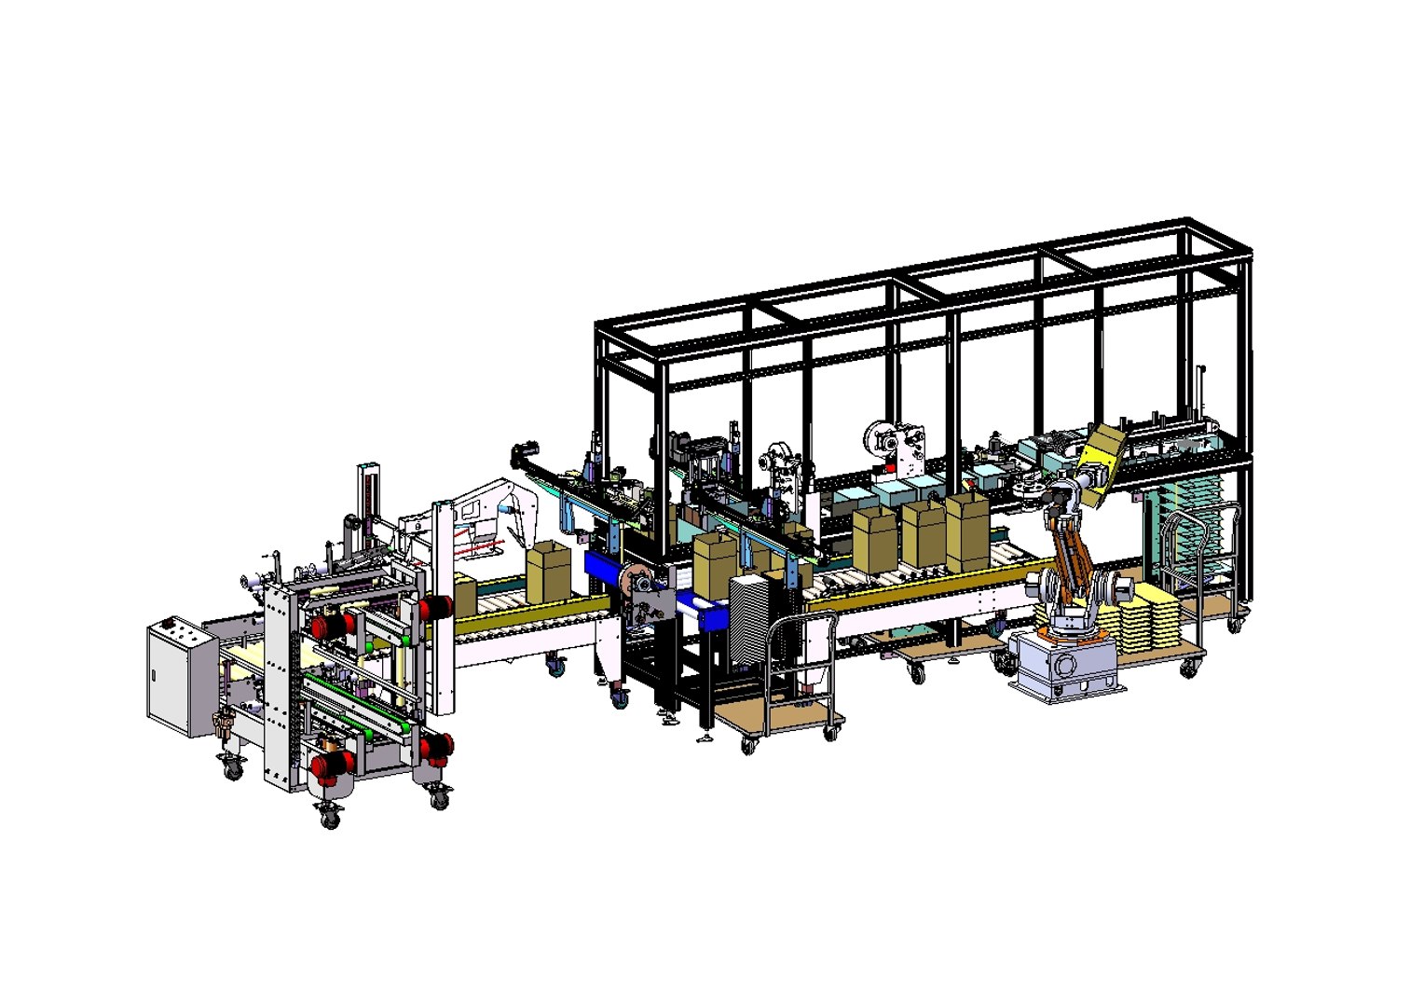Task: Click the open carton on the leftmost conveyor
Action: point(547,572)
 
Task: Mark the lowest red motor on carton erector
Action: point(328,765)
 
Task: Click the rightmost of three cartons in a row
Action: point(967,532)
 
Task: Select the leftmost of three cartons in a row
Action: point(874,541)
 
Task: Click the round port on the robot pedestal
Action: point(1065,666)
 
